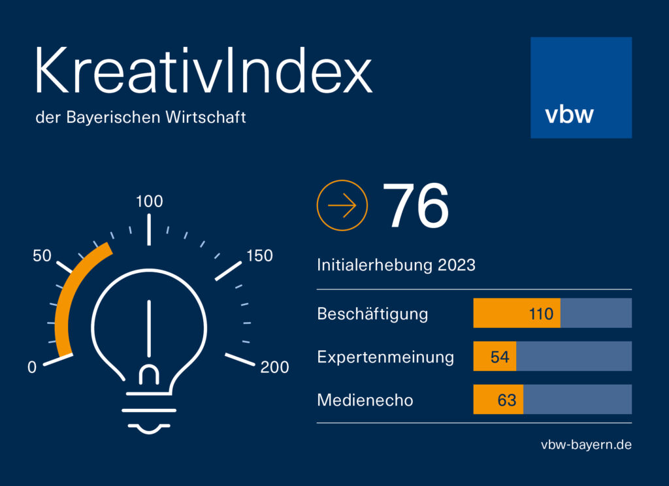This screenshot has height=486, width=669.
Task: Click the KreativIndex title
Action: [x=204, y=70]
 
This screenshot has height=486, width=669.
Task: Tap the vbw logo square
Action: [x=581, y=88]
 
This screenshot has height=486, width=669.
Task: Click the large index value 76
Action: [x=415, y=205]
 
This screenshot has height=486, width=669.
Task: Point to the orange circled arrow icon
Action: [x=342, y=205]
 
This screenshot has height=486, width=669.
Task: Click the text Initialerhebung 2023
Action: [x=396, y=265]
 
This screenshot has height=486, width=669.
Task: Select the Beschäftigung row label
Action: [x=372, y=314]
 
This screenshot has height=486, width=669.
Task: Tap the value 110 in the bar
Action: [x=541, y=314]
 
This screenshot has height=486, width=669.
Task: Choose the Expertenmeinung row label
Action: [x=385, y=357]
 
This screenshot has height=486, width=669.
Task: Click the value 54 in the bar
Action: [x=500, y=357]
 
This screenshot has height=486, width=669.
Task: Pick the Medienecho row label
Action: [x=365, y=400]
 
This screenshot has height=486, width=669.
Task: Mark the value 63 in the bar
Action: [x=507, y=400]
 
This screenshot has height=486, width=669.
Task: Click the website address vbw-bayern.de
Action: [x=586, y=445]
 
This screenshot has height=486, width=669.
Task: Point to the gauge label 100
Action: [x=150, y=201]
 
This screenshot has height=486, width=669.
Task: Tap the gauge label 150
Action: [x=259, y=255]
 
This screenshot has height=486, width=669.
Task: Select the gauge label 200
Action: [x=275, y=367]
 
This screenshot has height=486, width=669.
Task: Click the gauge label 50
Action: [x=42, y=255]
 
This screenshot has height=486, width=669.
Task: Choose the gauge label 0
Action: [x=32, y=367]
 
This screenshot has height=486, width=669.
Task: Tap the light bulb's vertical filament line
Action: [x=149, y=329]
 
